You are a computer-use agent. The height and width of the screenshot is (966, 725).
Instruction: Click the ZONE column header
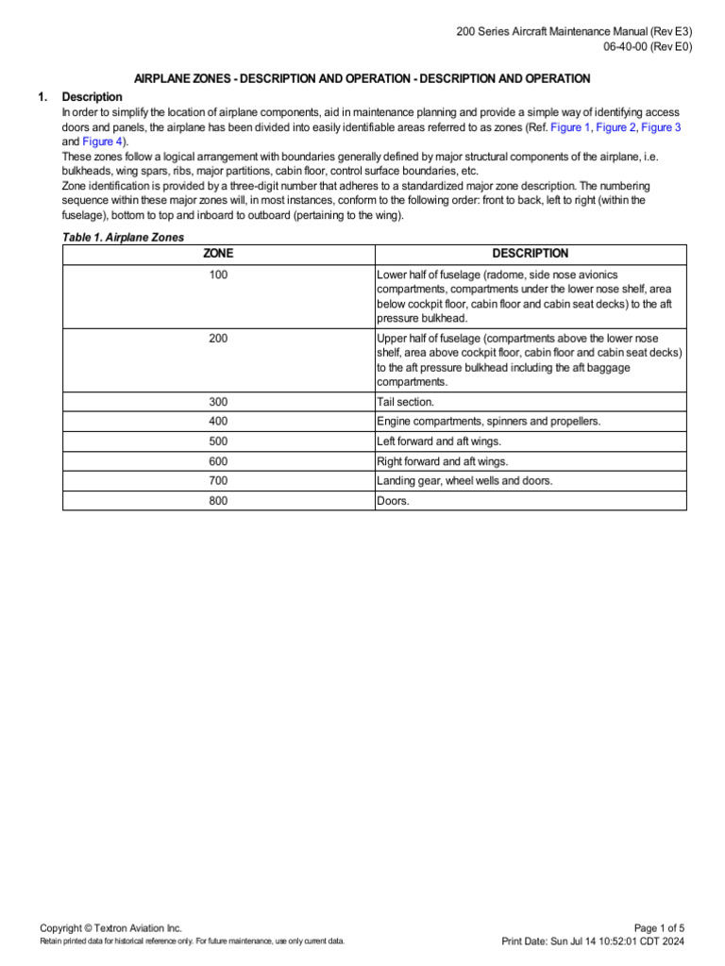(x=218, y=254)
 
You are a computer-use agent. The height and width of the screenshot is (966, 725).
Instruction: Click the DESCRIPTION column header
(x=531, y=254)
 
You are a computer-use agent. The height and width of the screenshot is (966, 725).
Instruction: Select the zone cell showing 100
(x=218, y=275)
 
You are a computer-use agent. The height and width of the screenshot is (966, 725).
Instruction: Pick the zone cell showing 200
(x=218, y=338)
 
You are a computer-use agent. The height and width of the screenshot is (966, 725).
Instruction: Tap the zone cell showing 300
(x=218, y=402)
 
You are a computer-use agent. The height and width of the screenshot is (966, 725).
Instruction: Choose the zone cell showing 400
(x=218, y=422)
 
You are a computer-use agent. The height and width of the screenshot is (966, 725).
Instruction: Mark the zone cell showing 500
(x=218, y=441)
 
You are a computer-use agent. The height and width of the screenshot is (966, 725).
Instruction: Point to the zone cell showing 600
(x=218, y=461)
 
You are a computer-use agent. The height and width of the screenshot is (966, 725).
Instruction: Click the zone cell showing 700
(x=218, y=481)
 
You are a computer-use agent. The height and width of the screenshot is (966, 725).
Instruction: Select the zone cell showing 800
(x=218, y=501)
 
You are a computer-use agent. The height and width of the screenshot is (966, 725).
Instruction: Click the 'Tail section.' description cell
(x=405, y=402)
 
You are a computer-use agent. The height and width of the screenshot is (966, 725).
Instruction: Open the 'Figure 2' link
(x=615, y=127)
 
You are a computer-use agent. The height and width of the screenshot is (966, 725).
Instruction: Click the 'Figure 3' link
(x=661, y=127)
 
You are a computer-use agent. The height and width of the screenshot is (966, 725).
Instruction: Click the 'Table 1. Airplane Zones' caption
(x=123, y=238)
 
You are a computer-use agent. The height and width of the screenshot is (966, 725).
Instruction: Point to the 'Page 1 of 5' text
(x=660, y=928)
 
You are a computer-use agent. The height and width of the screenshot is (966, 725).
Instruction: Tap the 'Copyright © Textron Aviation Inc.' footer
(x=110, y=928)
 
